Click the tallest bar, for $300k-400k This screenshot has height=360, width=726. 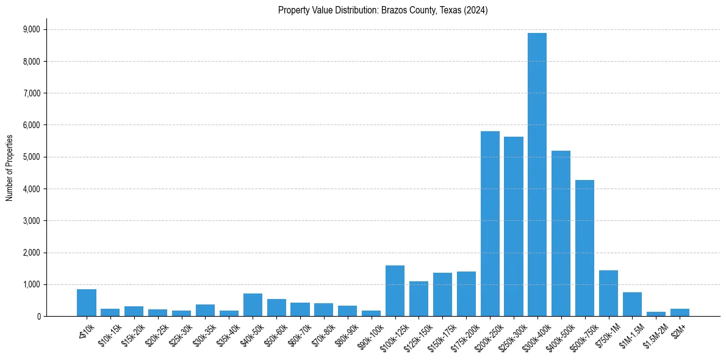(537, 175)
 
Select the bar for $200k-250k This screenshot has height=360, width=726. (490, 223)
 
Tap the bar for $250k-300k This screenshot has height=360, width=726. (514, 226)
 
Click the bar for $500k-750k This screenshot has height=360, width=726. (584, 248)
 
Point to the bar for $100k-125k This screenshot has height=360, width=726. (395, 290)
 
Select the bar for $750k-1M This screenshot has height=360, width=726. (608, 293)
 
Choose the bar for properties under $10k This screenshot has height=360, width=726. (87, 303)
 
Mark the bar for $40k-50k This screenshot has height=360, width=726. (253, 304)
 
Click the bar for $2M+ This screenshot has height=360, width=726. (680, 312)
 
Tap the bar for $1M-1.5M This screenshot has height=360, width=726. (632, 304)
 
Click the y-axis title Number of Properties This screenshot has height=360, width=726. (9, 168)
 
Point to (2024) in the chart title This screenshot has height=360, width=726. (476, 10)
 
